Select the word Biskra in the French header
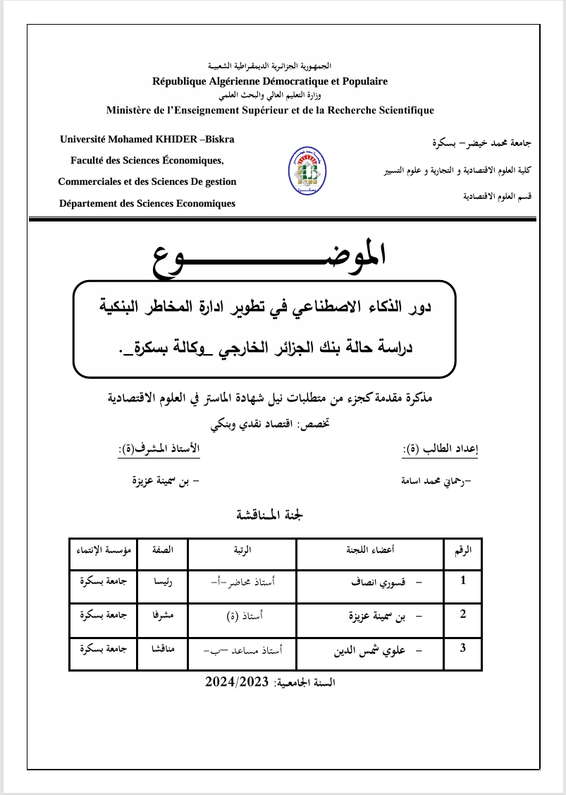(219, 139)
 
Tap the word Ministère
(130, 110)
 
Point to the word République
(180, 81)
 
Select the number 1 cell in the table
(462, 581)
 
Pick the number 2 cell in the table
(462, 613)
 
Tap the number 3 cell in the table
(462, 645)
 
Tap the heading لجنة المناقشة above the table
(271, 515)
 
